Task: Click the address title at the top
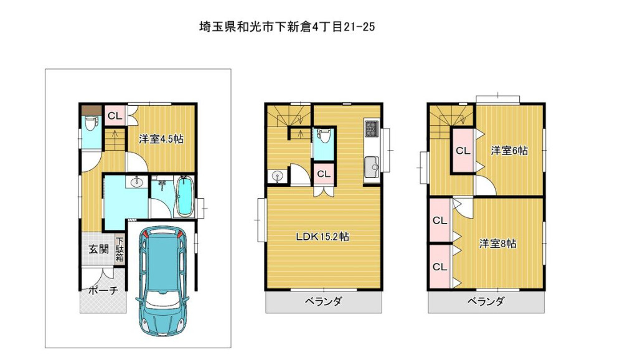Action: pyautogui.click(x=287, y=27)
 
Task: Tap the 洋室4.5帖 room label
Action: pyautogui.click(x=161, y=139)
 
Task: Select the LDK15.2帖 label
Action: pyautogui.click(x=322, y=237)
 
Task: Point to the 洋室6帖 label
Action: pyautogui.click(x=509, y=151)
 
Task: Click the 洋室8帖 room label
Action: pyautogui.click(x=498, y=243)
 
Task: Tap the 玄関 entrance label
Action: pyautogui.click(x=98, y=250)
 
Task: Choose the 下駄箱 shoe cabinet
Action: pyautogui.click(x=120, y=250)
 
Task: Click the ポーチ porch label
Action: pyautogui.click(x=103, y=290)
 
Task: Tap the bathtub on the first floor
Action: pyautogui.click(x=184, y=197)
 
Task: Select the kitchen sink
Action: pyautogui.click(x=372, y=168)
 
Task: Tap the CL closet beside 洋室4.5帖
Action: pyautogui.click(x=115, y=116)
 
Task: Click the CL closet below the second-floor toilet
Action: pyautogui.click(x=323, y=174)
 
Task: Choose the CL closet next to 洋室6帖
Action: pyautogui.click(x=463, y=151)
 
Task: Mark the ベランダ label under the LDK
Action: pyautogui.click(x=323, y=301)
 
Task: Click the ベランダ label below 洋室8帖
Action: pyautogui.click(x=486, y=301)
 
